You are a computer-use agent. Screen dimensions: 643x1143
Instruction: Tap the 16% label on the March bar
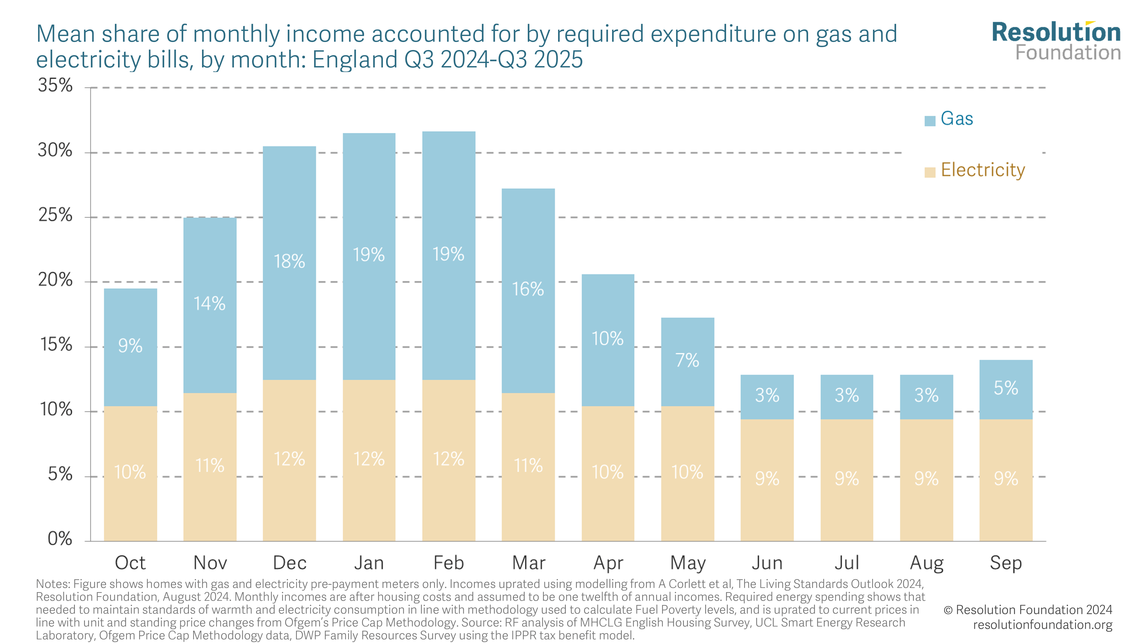527,289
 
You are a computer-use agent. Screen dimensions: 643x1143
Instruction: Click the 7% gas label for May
687,360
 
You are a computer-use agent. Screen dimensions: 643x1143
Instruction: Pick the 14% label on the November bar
209,303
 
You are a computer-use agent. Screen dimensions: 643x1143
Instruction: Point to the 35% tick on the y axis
55,85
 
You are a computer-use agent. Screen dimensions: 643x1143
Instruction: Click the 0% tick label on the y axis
60,539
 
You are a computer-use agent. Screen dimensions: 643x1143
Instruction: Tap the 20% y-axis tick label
55,280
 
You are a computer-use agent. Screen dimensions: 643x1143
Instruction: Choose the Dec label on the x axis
289,563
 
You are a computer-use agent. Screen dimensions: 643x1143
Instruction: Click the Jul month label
847,563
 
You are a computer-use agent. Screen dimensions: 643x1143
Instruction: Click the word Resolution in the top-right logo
1056,32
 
